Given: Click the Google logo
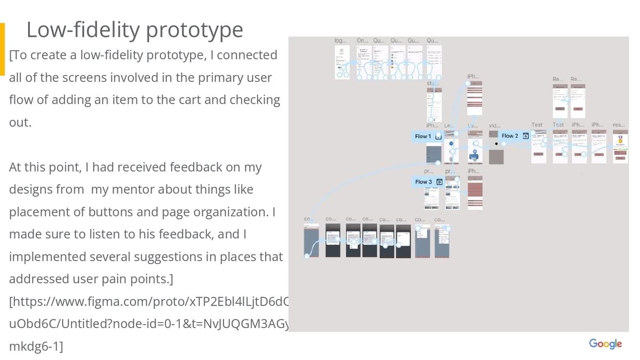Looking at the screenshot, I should click(605, 343).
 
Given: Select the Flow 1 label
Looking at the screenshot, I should click(423, 137).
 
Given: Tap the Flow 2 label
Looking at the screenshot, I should click(510, 136).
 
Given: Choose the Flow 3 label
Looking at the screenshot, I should click(423, 182).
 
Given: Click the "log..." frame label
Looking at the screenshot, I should click(340, 41).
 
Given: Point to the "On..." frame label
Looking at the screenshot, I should click(362, 41).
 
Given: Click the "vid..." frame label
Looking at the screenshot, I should click(494, 125).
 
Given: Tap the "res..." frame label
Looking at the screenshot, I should click(619, 125).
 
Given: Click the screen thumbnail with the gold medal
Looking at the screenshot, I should click(620, 147).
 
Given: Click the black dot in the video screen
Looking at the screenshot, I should click(497, 143).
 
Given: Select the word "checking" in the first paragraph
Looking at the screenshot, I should click(255, 100).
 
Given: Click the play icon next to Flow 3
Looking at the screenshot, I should click(439, 182).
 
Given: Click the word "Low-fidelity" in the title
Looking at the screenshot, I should click(75, 30).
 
